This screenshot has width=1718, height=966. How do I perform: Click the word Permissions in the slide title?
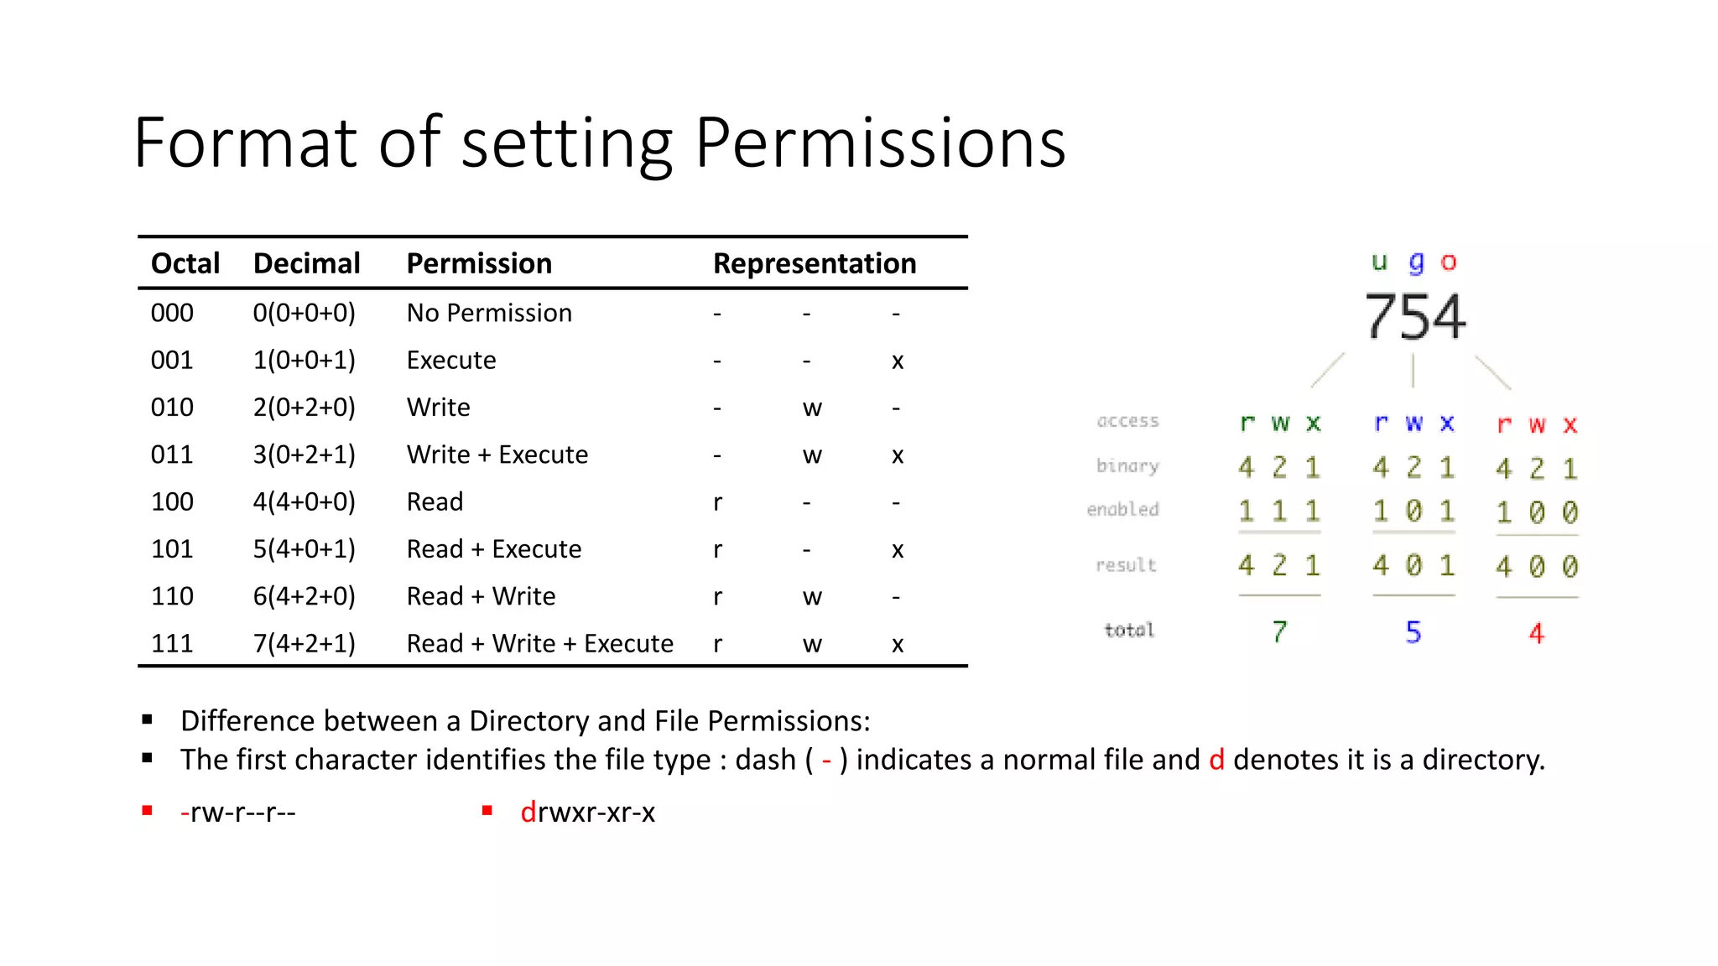click(880, 143)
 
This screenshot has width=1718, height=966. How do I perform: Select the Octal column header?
click(185, 263)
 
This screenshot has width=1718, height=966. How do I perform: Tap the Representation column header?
click(815, 263)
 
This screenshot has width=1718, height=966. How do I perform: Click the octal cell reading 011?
click(172, 454)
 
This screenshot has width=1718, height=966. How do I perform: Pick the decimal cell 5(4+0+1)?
click(305, 549)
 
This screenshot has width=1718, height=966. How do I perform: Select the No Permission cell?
click(489, 313)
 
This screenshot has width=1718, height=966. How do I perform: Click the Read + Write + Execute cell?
click(539, 643)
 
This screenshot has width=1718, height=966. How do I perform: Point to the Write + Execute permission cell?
click(497, 454)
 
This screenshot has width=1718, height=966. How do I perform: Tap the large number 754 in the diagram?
click(1415, 317)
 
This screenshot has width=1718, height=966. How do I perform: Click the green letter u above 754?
click(1379, 262)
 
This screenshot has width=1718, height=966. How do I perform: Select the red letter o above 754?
click(1449, 262)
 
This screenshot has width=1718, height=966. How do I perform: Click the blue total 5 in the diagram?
click(1413, 631)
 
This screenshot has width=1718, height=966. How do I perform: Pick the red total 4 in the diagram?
click(1536, 632)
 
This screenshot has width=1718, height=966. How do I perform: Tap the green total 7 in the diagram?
click(1279, 631)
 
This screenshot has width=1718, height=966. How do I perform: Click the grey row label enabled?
click(1123, 509)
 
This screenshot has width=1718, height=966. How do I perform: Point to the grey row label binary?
click(1127, 465)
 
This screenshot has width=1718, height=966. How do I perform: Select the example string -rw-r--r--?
click(237, 812)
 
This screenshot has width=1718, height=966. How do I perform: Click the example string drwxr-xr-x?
click(587, 812)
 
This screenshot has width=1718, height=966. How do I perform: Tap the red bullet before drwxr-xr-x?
click(487, 810)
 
